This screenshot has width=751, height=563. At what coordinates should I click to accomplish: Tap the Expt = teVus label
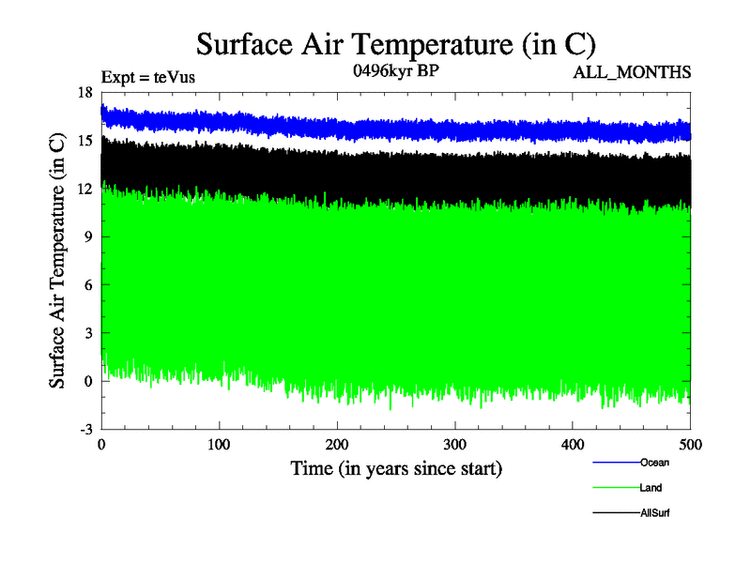tap(148, 78)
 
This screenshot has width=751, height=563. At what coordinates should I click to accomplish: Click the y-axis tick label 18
tap(84, 93)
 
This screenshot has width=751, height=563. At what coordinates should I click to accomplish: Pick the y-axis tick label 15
tap(84, 141)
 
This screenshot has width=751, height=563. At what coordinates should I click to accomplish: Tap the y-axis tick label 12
tap(84, 189)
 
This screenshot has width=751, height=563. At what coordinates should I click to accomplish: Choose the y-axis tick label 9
tap(88, 237)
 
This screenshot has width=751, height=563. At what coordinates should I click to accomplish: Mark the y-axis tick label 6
tap(88, 285)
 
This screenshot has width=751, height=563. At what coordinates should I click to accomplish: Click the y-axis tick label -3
tap(85, 430)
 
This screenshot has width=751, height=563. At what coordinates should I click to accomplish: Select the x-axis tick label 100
tap(219, 444)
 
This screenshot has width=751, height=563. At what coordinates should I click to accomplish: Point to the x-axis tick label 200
tap(337, 444)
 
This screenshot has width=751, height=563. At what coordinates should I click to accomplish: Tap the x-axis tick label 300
tap(455, 444)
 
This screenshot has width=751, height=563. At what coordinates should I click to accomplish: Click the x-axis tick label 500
tap(690, 444)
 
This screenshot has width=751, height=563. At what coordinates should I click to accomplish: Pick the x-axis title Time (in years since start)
tap(396, 467)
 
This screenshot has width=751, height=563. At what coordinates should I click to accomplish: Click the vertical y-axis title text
tap(57, 261)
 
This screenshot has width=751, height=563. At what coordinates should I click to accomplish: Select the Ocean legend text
tap(654, 462)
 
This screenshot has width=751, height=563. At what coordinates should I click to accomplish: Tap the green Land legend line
tap(616, 488)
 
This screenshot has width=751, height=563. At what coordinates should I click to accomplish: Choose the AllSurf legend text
tap(655, 513)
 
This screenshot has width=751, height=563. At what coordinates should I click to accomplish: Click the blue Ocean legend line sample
tap(616, 462)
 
